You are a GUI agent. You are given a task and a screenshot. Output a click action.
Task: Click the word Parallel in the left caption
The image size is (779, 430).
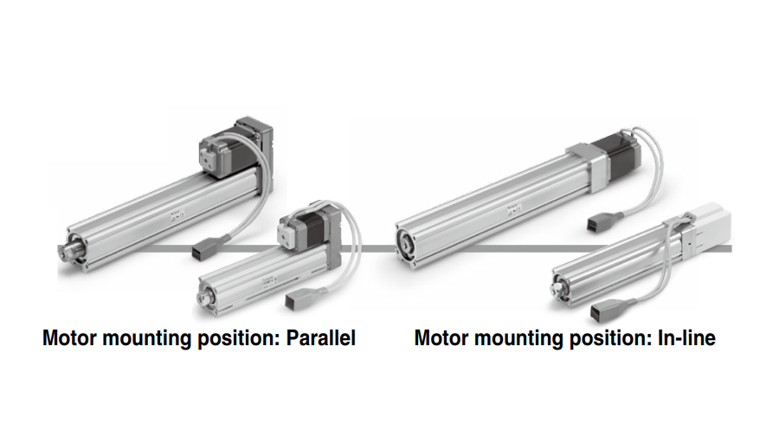(321, 338)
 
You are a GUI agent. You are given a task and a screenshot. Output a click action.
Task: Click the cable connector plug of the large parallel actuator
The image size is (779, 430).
(204, 248)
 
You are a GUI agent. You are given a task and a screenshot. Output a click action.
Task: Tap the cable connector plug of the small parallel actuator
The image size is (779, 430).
(298, 300)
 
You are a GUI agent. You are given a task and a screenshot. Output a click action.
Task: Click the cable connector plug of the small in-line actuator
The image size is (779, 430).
(603, 311)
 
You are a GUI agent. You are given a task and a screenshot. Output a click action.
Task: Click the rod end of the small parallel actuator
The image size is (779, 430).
(203, 297)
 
